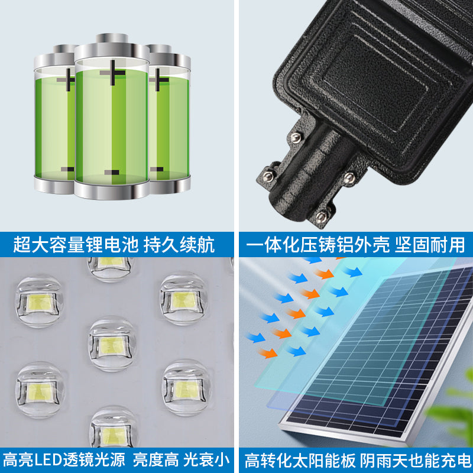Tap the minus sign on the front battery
[x=112, y=172]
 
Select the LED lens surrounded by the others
[x=112, y=344]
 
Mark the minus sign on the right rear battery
[x=157, y=170]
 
